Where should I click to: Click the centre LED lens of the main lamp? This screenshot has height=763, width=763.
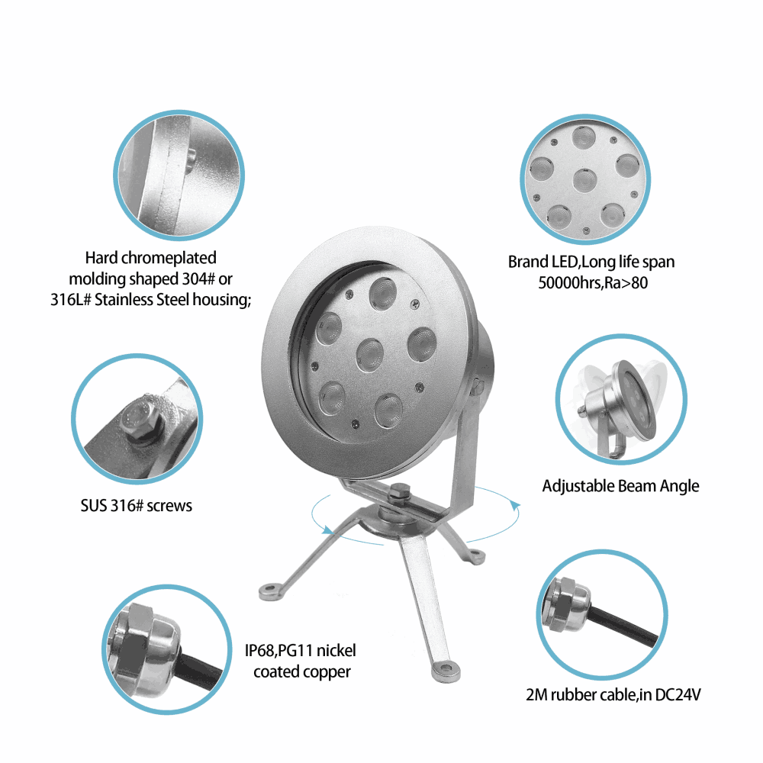pyautogui.click(x=370, y=355)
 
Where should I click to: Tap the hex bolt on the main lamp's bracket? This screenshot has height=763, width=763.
pyautogui.click(x=399, y=491)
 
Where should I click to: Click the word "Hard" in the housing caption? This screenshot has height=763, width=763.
pyautogui.click(x=101, y=257)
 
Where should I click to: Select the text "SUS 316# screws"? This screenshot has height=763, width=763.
pyautogui.click(x=137, y=506)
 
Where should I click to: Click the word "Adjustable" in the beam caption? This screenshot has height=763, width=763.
pyautogui.click(x=578, y=486)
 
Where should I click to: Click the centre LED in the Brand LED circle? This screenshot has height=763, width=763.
pyautogui.click(x=585, y=181)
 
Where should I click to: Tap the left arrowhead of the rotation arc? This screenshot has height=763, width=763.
pyautogui.click(x=328, y=530)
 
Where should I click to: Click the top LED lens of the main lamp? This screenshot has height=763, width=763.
pyautogui.click(x=382, y=293)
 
